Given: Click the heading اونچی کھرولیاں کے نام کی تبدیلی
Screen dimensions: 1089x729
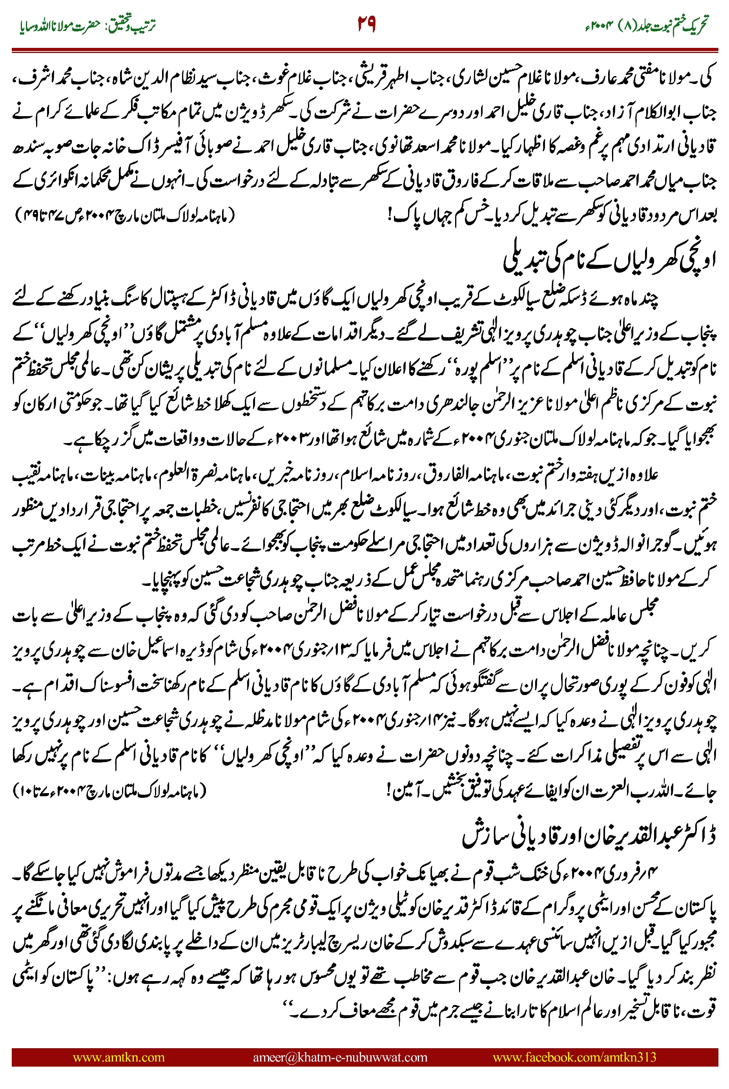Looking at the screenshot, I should (x=609, y=262).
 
